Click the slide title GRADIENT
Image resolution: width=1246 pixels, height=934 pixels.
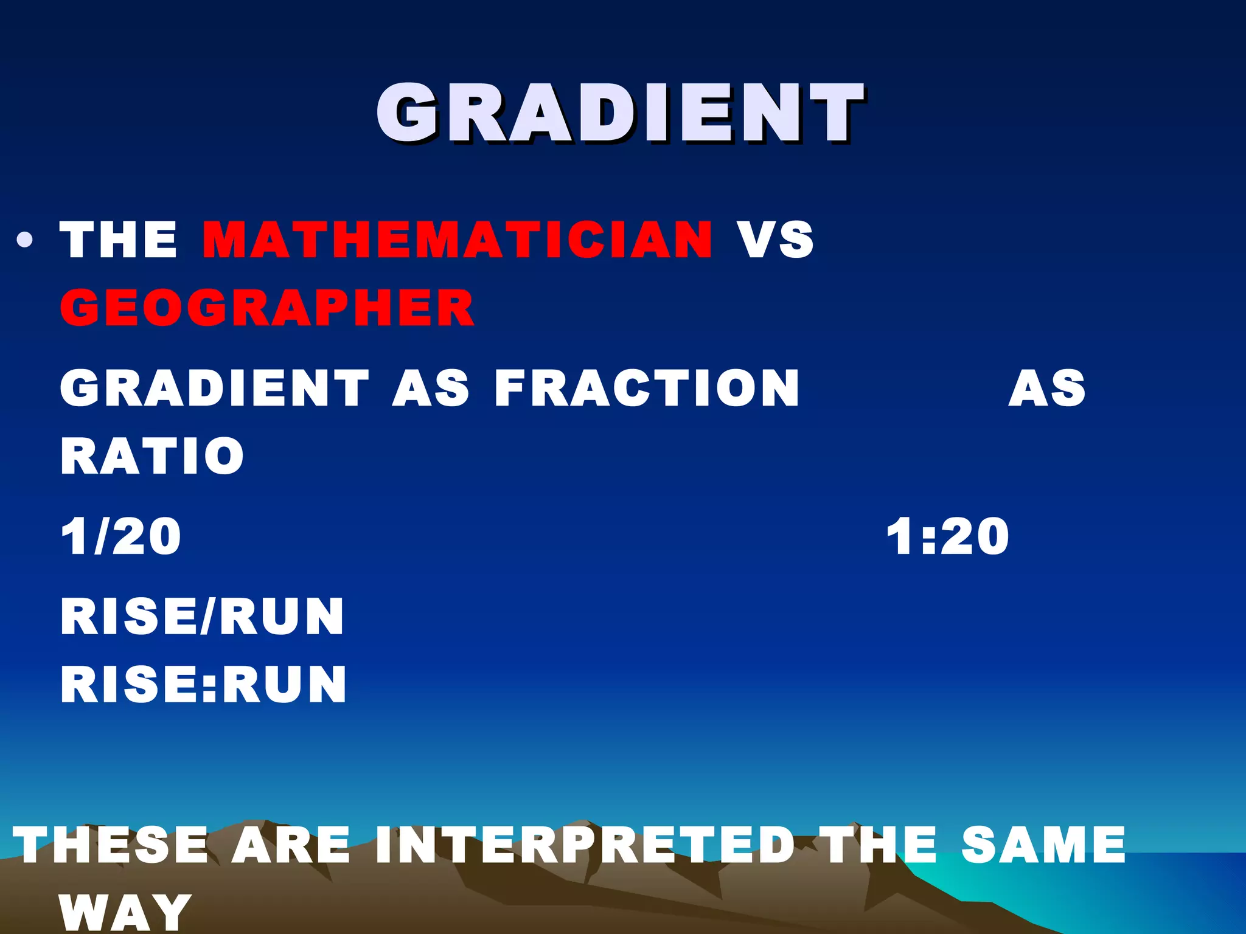tap(621, 114)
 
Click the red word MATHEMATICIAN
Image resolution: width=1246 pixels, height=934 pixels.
tap(457, 240)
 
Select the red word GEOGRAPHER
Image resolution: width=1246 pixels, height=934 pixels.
tap(267, 308)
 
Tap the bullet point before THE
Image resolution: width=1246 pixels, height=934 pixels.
tap(25, 241)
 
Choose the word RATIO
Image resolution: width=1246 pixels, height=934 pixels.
tap(152, 456)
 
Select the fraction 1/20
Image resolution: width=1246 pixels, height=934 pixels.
tap(120, 536)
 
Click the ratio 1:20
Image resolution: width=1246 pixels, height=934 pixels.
tap(947, 536)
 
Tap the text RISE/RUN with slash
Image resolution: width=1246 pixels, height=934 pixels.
tap(203, 617)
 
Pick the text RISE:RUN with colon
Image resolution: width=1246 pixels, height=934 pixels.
tap(204, 685)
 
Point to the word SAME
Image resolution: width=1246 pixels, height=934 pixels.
tap(1043, 845)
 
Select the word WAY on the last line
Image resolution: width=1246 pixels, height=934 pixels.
tap(125, 912)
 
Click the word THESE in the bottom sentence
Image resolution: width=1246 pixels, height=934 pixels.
tap(111, 845)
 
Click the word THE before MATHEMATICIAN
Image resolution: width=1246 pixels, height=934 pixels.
tap(118, 240)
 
